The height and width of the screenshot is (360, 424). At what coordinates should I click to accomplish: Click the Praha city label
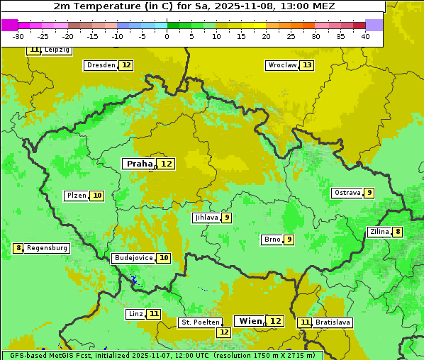click(139, 164)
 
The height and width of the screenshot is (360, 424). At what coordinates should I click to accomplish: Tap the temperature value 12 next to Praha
click(166, 164)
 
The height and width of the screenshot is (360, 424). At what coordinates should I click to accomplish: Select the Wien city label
click(250, 321)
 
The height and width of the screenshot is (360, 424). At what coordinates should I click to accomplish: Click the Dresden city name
click(101, 65)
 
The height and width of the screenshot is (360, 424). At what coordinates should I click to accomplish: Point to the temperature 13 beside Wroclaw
click(306, 65)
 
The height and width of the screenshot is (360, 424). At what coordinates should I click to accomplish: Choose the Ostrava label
click(347, 193)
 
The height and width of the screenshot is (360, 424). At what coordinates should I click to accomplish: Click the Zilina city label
click(379, 232)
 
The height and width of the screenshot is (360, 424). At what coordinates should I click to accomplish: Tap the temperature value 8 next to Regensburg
click(18, 248)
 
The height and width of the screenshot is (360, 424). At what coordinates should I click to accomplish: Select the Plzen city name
click(76, 196)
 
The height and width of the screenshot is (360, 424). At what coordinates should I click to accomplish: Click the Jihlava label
click(206, 218)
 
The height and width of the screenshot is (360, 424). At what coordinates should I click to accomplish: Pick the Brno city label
click(272, 240)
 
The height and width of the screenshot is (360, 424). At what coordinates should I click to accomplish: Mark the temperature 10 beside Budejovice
click(164, 258)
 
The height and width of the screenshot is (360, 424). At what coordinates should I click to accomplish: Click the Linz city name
click(135, 314)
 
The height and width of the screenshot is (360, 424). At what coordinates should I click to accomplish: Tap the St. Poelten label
click(196, 322)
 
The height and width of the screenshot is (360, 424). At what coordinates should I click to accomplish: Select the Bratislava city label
click(333, 322)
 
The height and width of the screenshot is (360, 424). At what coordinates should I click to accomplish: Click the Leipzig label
click(56, 50)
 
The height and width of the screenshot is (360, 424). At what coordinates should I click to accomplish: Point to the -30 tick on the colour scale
click(18, 36)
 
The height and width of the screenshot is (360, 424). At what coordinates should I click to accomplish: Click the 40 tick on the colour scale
click(365, 36)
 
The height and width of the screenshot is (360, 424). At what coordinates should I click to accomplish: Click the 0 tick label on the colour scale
click(167, 36)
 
